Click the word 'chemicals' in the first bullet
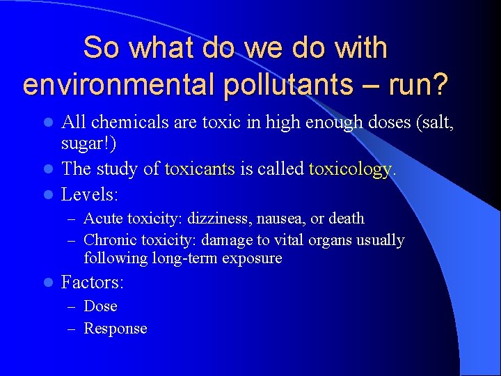click(x=123, y=123)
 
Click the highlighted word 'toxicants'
click(x=200, y=169)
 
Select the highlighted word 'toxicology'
click(x=349, y=169)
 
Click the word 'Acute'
click(x=102, y=219)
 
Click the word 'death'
click(x=347, y=219)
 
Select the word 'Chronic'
click(x=110, y=240)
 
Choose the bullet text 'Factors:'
click(x=93, y=283)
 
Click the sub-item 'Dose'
click(x=100, y=306)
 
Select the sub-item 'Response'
click(x=115, y=329)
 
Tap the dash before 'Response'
click(x=71, y=329)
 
